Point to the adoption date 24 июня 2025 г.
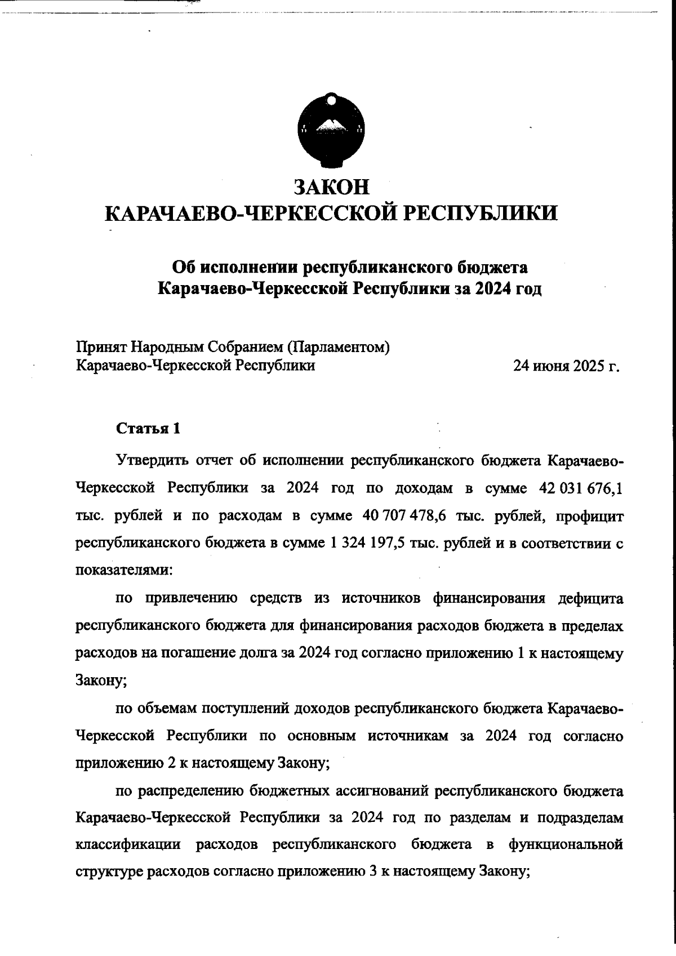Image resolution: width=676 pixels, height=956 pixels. pyautogui.click(x=566, y=366)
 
